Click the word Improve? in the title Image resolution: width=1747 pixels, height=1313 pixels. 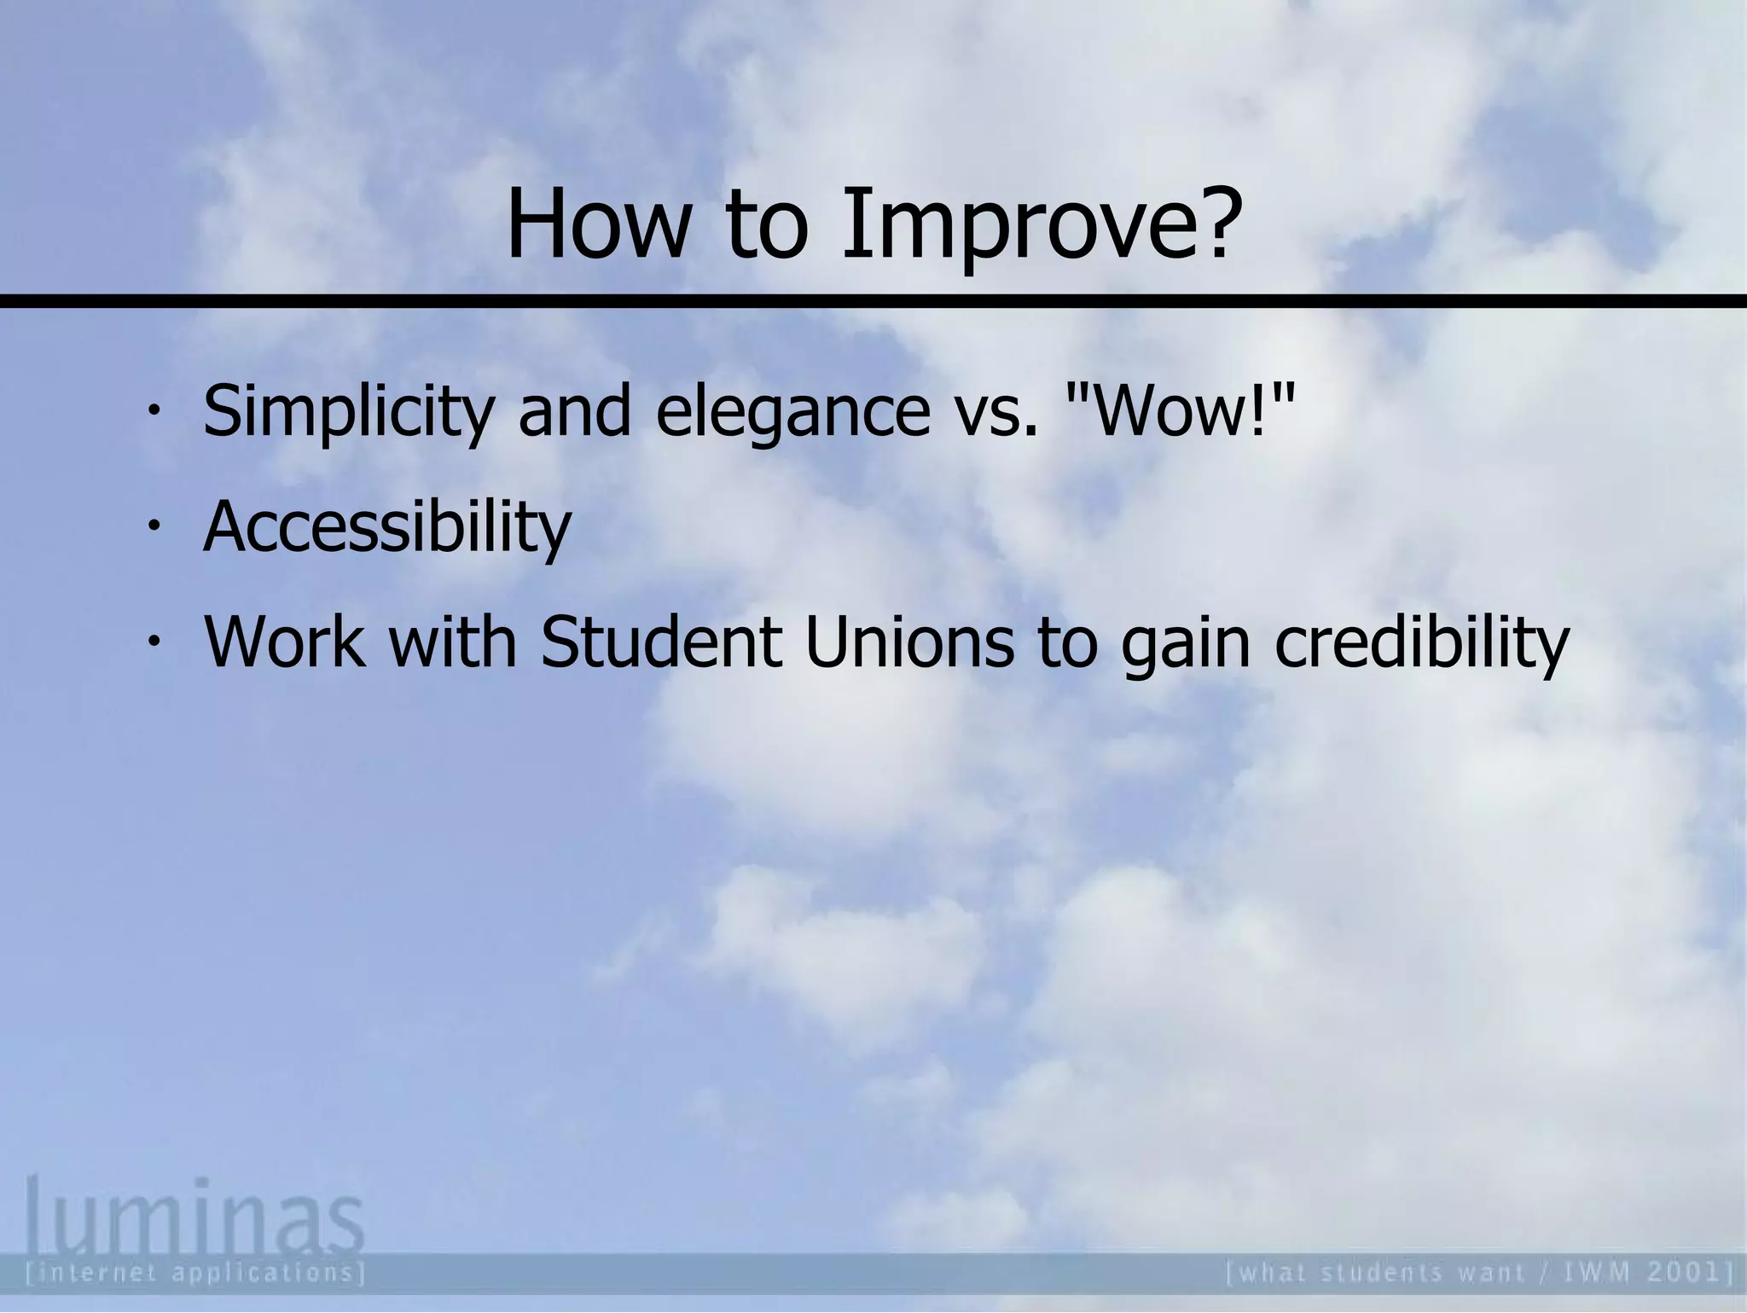pos(1038,227)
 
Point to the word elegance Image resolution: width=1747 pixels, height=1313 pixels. pos(792,412)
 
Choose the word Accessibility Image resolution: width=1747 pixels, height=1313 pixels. pos(387,527)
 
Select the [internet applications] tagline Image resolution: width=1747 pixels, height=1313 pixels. pos(196,1274)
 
